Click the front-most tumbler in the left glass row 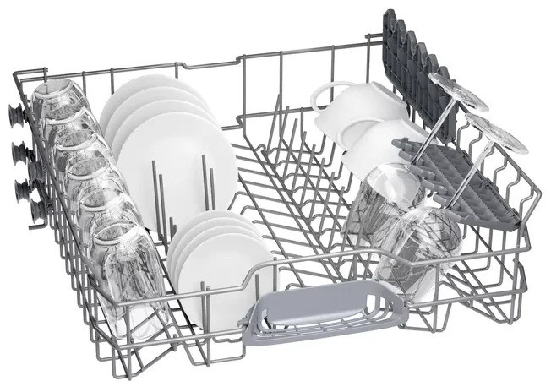[127, 266]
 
